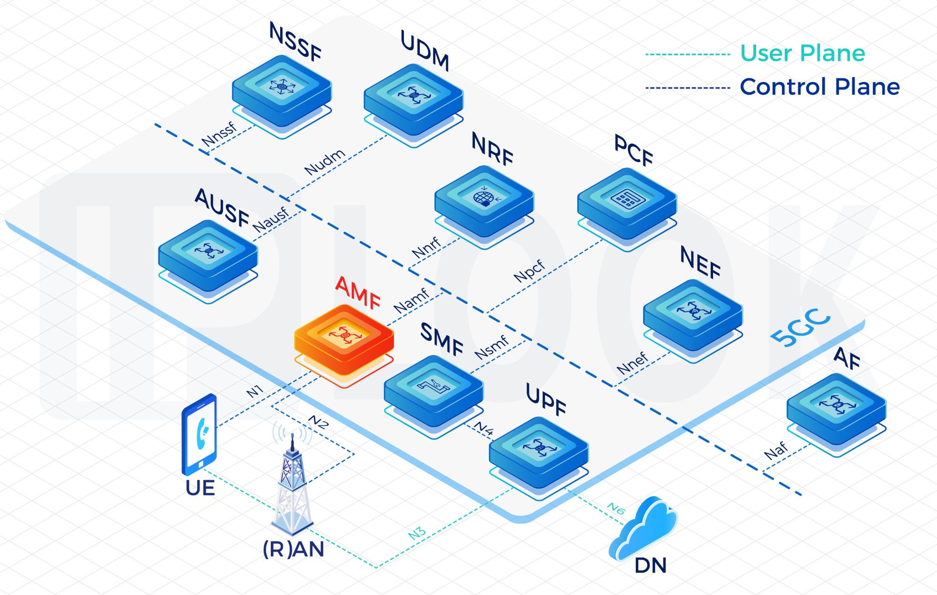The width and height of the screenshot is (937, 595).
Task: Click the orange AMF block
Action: click(344, 340)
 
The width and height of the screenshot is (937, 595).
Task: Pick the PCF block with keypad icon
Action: click(627, 204)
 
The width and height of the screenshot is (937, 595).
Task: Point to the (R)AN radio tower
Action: click(292, 487)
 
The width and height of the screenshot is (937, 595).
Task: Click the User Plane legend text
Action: click(803, 53)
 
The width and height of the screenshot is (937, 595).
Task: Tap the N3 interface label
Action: click(417, 533)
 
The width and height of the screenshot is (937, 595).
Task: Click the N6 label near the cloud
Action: click(616, 508)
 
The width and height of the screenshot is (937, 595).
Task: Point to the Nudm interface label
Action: click(325, 162)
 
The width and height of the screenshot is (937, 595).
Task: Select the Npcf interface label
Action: click(529, 271)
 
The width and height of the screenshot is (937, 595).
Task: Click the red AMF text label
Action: click(358, 293)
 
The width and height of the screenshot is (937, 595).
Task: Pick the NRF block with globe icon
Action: click(484, 201)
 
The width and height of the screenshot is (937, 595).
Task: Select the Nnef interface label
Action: click(632, 364)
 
